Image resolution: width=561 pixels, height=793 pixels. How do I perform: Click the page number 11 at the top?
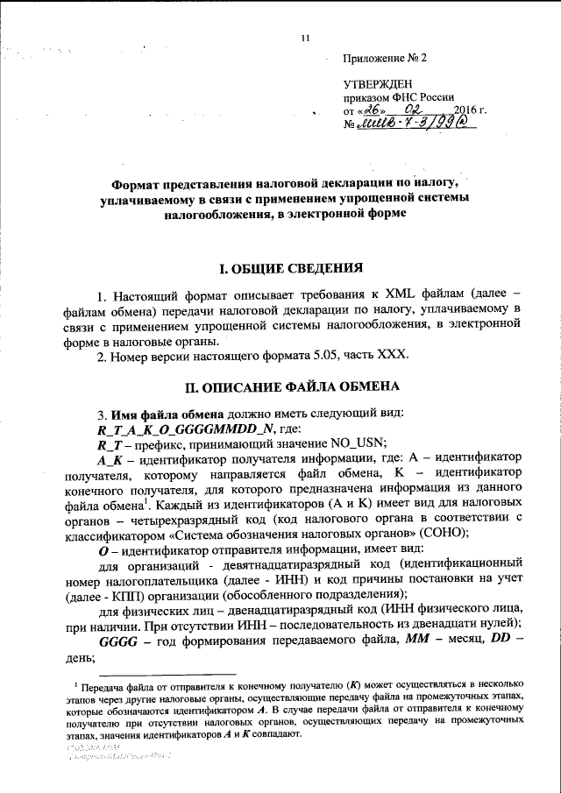[305, 38]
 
